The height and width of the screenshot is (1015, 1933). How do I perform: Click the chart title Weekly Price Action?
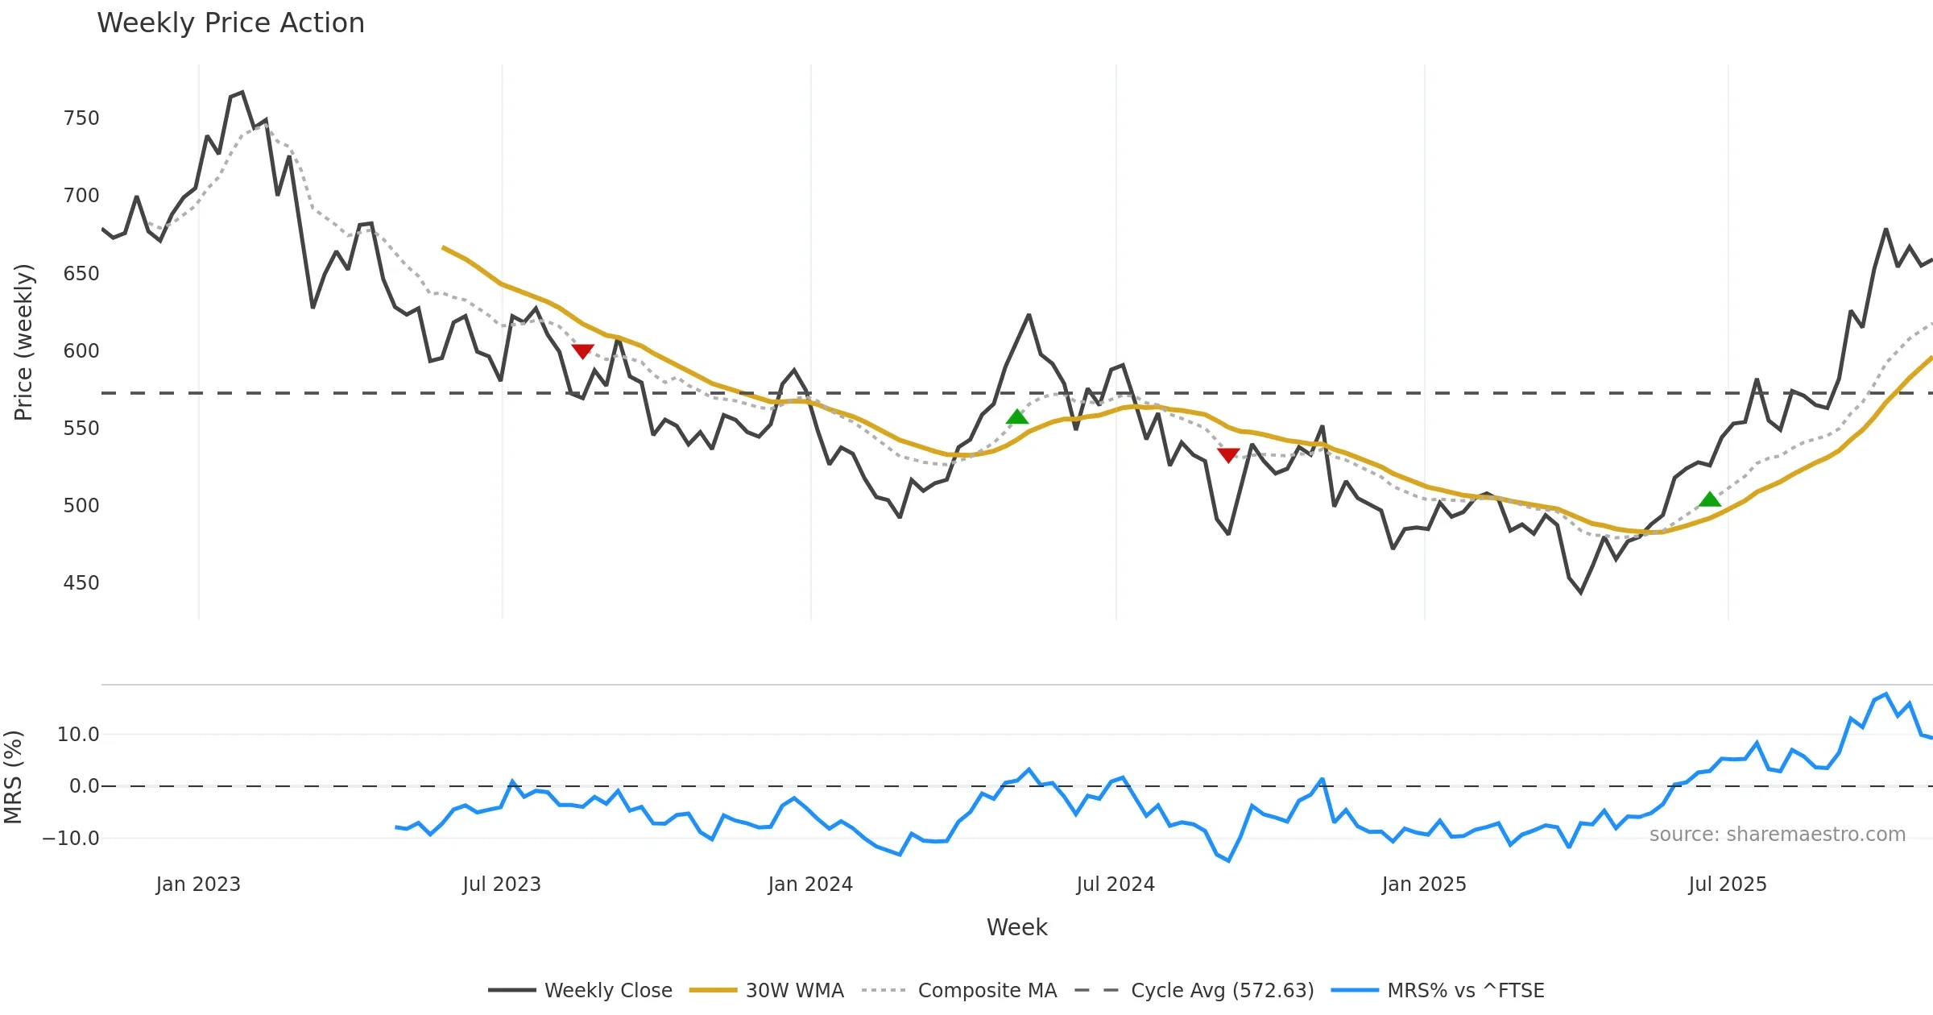(230, 23)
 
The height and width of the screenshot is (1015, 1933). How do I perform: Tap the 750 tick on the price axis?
(81, 118)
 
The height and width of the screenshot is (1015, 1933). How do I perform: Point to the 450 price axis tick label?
(81, 583)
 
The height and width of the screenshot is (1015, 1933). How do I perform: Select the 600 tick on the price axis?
(81, 351)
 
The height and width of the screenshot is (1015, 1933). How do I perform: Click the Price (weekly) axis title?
(23, 342)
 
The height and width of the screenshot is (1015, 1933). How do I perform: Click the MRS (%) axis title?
(13, 777)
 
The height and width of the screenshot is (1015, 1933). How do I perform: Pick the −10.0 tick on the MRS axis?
(71, 839)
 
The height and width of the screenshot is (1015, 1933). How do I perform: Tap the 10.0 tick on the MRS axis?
(78, 735)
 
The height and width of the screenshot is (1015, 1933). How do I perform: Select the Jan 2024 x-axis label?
(810, 884)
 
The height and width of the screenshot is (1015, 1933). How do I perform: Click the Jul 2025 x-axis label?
(1728, 884)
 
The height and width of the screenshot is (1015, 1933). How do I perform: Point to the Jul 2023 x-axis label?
(502, 884)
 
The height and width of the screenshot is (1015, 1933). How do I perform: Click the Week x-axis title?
(1016, 928)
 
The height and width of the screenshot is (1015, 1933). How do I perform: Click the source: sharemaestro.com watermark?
(1777, 835)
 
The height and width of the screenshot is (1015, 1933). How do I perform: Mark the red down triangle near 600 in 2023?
(582, 351)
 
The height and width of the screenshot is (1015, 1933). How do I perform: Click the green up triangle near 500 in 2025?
(1709, 500)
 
